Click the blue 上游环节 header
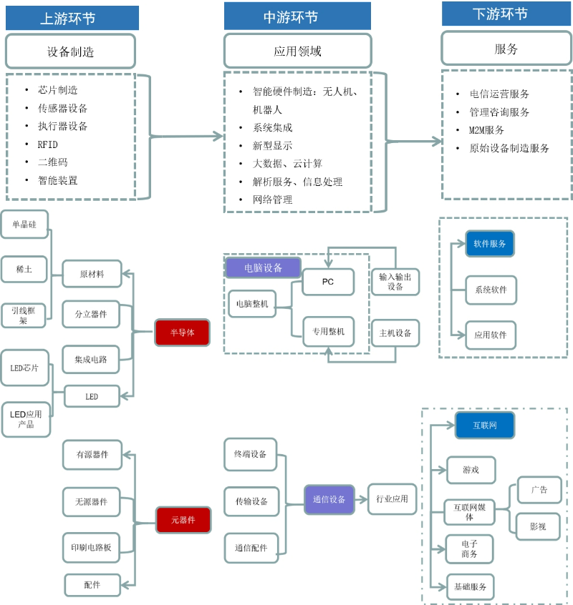point(72,18)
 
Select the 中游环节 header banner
point(297,16)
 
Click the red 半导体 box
point(182,333)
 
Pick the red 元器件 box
point(183,520)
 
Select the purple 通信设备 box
point(329,499)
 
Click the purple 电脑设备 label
point(263,268)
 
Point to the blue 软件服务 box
point(490,244)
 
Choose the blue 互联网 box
point(484,426)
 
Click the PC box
point(327,282)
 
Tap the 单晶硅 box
point(24,224)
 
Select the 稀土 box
point(24,270)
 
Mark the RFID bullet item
point(48,144)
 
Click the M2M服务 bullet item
point(486,130)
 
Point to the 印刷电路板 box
point(90,548)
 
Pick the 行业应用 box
point(392,499)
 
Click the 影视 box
point(538,526)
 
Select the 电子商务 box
point(469,549)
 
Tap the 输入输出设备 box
point(395,282)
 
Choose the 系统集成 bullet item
point(272,127)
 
